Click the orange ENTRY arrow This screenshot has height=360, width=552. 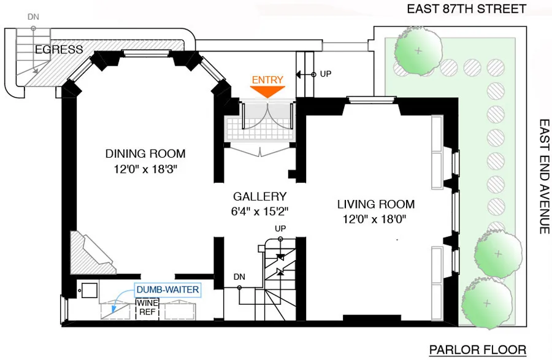tap(268, 91)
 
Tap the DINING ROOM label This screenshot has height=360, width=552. tap(145, 153)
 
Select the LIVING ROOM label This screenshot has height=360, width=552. tap(376, 204)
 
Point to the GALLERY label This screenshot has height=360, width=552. tap(259, 197)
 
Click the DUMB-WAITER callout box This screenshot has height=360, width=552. tap(168, 289)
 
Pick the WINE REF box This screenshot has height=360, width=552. tap(147, 307)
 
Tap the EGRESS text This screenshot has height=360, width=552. tap(59, 50)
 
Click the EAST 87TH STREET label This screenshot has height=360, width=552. tap(467, 9)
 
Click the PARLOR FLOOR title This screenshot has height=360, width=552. tap(477, 350)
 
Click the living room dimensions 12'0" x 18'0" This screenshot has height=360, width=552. tap(376, 219)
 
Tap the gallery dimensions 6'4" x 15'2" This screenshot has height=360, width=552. tap(260, 211)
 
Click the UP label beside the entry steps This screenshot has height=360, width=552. tap(326, 74)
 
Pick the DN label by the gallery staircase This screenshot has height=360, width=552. tap(239, 277)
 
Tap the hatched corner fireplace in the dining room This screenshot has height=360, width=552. tap(88, 253)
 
